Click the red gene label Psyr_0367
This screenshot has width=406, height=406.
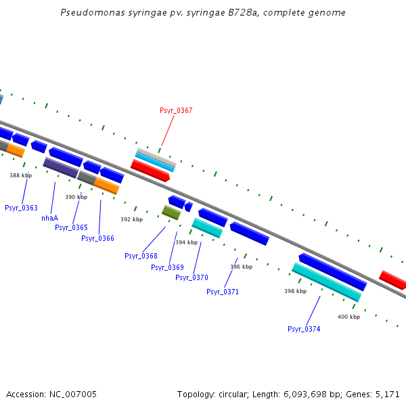tap(176, 110)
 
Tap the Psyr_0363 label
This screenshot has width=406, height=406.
tap(21, 208)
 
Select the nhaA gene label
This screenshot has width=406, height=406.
tap(50, 218)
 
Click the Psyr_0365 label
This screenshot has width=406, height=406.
tap(71, 227)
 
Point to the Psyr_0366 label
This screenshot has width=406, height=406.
tap(97, 238)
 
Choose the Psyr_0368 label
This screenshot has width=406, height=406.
tap(141, 256)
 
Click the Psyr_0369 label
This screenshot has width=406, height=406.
tap(167, 267)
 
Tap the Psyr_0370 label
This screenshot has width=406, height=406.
tap(191, 277)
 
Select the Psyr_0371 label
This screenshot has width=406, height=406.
tap(223, 292)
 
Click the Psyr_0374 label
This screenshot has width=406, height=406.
tap(304, 329)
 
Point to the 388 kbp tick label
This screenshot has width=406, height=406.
tap(20, 175)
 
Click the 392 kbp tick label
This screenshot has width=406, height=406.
tap(131, 219)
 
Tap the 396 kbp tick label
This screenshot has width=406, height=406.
tap(241, 267)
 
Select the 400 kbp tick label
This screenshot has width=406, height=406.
tap(348, 317)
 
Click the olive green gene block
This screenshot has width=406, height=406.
tap(171, 212)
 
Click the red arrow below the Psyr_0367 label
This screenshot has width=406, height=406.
tap(150, 170)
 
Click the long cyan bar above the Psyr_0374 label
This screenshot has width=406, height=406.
tap(326, 282)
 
